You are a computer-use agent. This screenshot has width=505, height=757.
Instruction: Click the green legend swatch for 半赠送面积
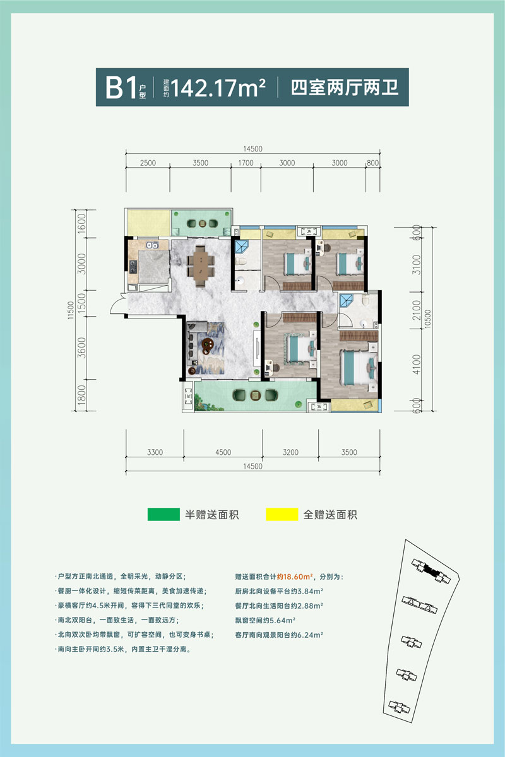coord(163,514)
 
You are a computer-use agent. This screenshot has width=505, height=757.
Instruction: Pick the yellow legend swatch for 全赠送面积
coord(282,514)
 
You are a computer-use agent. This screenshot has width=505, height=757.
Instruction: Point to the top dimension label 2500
coord(148,163)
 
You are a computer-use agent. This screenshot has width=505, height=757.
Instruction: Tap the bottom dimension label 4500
coord(223,452)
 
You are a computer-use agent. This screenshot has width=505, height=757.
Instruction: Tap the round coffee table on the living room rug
coord(208,343)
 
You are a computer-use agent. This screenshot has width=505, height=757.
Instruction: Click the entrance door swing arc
coord(116,306)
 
